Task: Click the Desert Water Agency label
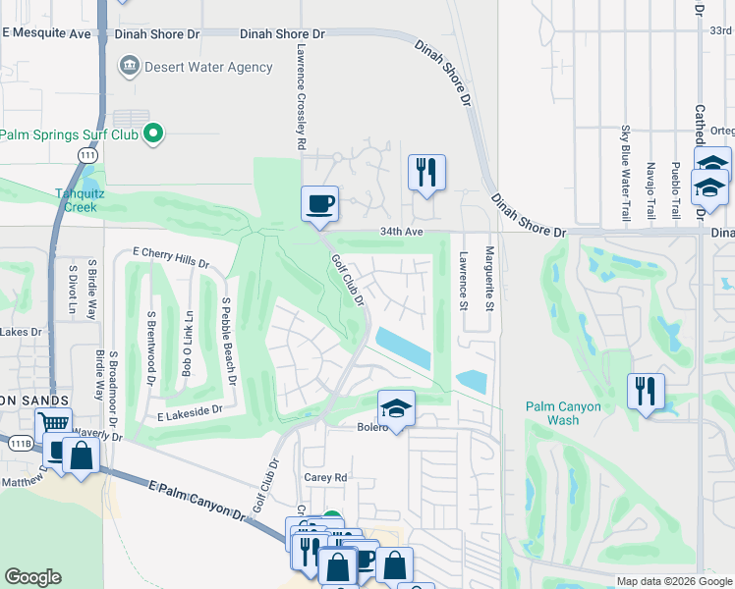click(x=207, y=67)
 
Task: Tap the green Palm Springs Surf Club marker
click(x=152, y=134)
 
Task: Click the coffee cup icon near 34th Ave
click(x=319, y=203)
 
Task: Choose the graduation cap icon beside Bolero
click(x=396, y=407)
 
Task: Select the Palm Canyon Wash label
click(x=565, y=413)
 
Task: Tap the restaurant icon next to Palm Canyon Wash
click(x=646, y=391)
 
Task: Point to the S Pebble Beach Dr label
click(x=229, y=342)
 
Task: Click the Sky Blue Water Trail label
click(x=625, y=171)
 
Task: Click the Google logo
click(x=32, y=577)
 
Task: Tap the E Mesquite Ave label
click(x=46, y=32)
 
